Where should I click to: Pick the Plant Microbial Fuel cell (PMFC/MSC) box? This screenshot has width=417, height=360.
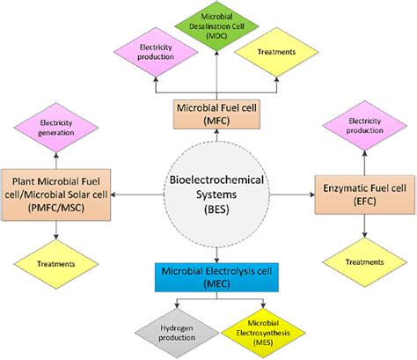(56, 192)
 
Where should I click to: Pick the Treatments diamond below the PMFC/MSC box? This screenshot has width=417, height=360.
(56, 261)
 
